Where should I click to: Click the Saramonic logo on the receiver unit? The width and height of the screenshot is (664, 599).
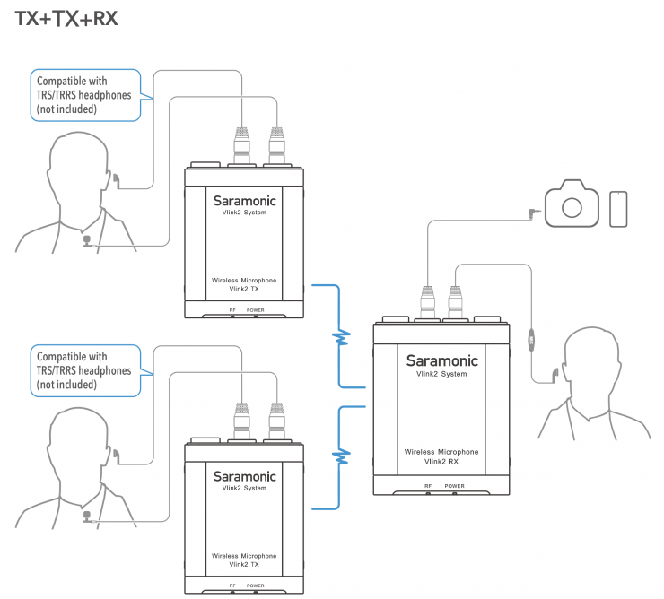click(x=441, y=360)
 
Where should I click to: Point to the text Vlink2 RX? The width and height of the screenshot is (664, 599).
click(x=441, y=463)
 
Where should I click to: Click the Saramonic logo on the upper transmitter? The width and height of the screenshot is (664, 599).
click(x=244, y=201)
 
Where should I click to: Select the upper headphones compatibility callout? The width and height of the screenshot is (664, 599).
click(x=86, y=94)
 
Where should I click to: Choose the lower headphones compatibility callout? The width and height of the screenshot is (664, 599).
click(x=86, y=370)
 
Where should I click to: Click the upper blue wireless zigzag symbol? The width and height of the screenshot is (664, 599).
click(x=340, y=337)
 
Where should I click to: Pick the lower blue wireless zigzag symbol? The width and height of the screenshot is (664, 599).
click(x=340, y=456)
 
